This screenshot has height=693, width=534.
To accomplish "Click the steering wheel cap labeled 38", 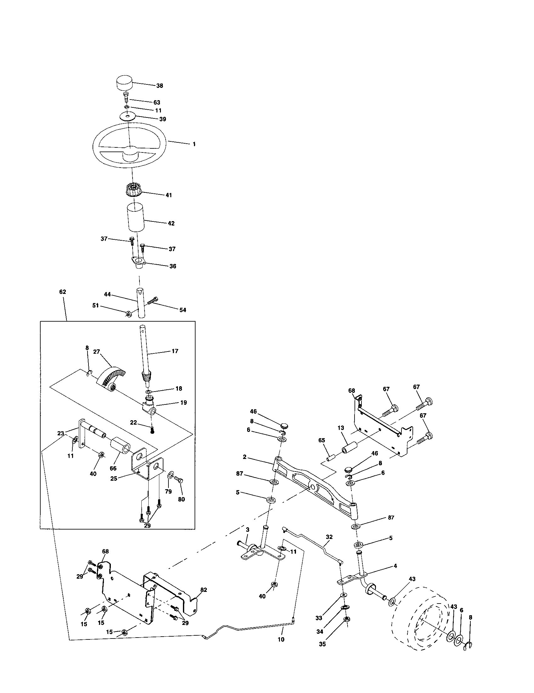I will [124, 83].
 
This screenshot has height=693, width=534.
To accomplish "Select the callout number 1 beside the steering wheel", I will [194, 144].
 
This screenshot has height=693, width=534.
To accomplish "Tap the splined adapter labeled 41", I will [132, 191].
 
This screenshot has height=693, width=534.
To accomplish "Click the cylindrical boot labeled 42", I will [136, 219].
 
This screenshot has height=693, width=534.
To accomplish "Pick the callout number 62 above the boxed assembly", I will [62, 292].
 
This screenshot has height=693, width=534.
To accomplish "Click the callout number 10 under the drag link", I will [281, 639].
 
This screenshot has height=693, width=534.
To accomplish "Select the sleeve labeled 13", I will [349, 448].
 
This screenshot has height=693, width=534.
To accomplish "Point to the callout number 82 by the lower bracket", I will [204, 590].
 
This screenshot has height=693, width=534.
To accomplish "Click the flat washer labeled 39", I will [128, 116].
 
